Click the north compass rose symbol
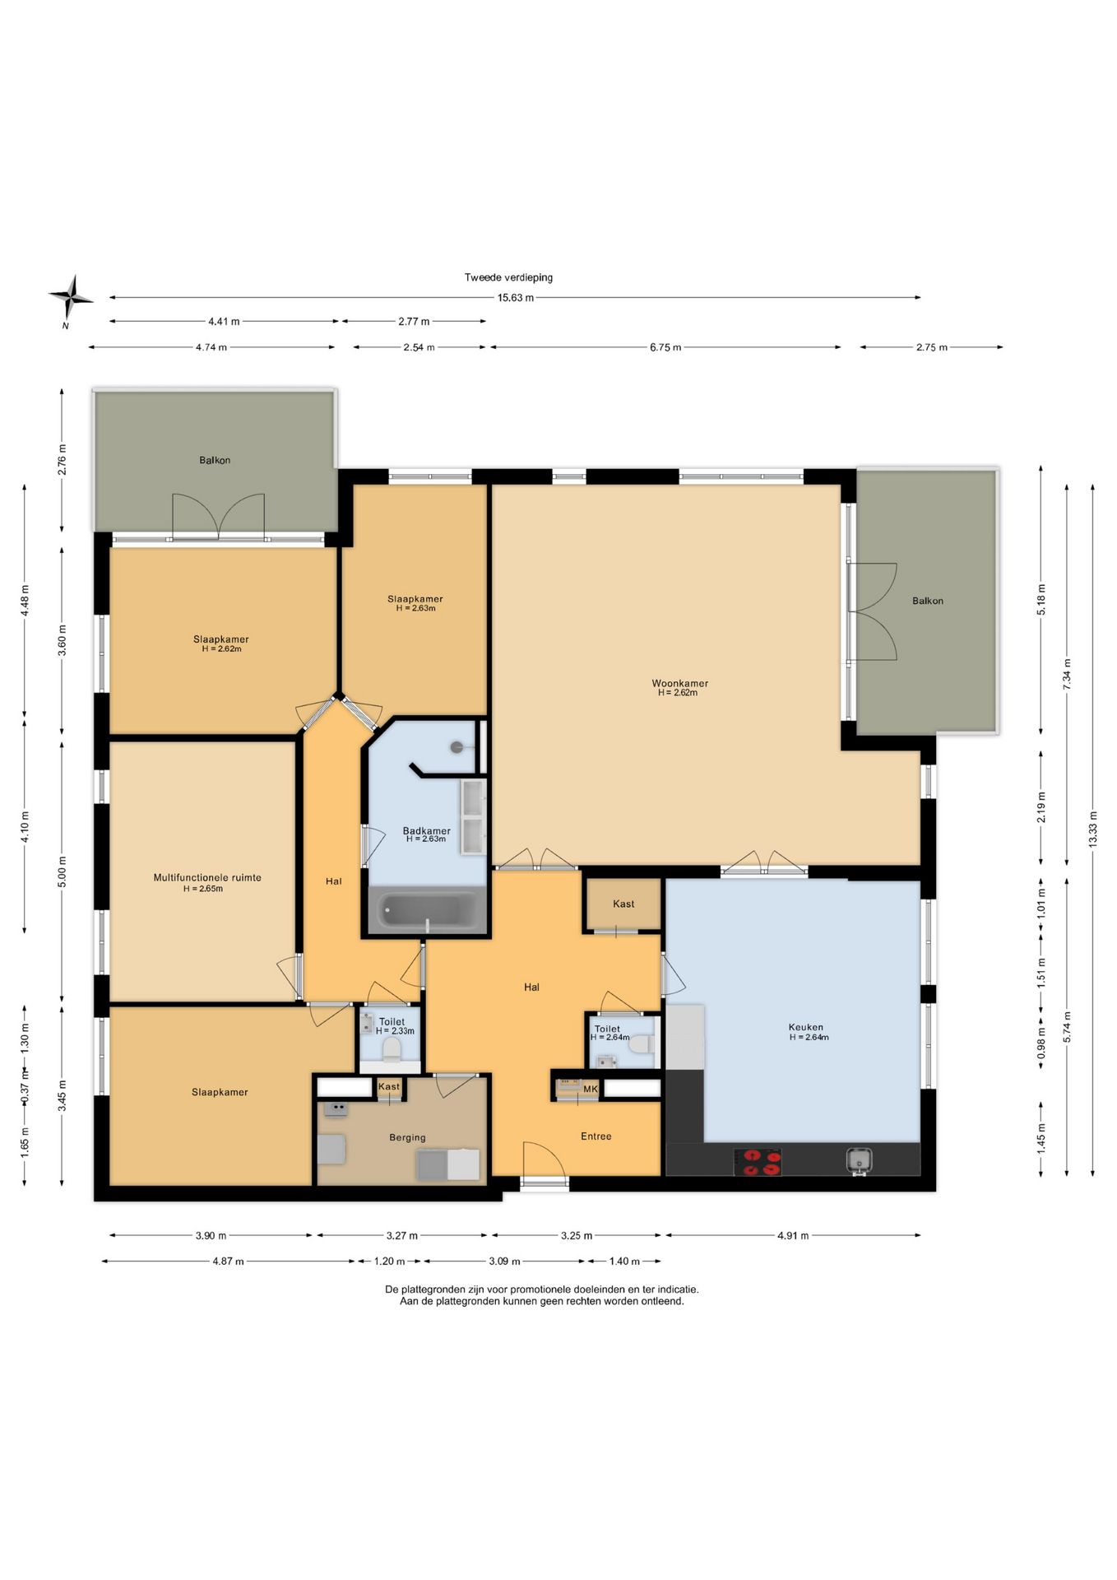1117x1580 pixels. coord(71,297)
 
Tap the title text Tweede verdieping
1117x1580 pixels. coord(508,277)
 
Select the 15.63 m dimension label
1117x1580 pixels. coord(516,298)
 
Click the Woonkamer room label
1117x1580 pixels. coord(679,683)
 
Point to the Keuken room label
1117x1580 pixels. coord(806,1027)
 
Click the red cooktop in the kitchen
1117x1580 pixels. coord(758,1162)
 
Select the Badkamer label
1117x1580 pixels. coord(426,830)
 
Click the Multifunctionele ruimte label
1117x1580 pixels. coord(207,877)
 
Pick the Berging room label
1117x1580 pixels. coord(407,1137)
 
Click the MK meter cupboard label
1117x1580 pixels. coord(590,1089)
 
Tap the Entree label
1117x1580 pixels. coord(596,1136)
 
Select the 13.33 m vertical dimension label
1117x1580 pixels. coord(1092,835)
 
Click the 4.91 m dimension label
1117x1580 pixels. coord(793,1235)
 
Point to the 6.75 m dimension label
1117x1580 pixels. coord(665,347)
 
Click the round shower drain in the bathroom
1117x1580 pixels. coord(457,746)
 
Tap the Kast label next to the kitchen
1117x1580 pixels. coord(623,904)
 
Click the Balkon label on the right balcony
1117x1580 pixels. coord(928,601)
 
